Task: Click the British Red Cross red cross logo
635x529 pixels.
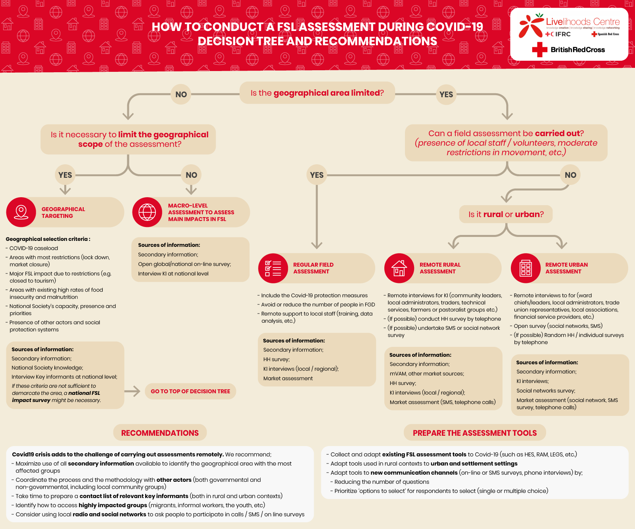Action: pyautogui.click(x=539, y=50)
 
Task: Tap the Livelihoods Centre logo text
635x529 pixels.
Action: pyautogui.click(x=582, y=22)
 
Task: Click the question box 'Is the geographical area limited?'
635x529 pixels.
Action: pyautogui.click(x=317, y=93)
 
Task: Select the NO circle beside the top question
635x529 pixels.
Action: pyautogui.click(x=181, y=94)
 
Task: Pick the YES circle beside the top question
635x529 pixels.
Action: pyautogui.click(x=446, y=94)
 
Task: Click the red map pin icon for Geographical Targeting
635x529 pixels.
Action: pyautogui.click(x=21, y=212)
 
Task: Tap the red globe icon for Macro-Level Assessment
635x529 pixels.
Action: pyautogui.click(x=147, y=212)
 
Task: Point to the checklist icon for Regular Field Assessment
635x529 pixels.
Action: pyautogui.click(x=273, y=268)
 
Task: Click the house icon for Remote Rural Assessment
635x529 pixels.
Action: pyautogui.click(x=399, y=268)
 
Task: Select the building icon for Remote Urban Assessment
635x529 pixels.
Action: pyautogui.click(x=526, y=268)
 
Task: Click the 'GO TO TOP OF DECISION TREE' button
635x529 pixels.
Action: pyautogui.click(x=190, y=391)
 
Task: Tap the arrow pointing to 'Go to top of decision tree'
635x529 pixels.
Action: pyautogui.click(x=132, y=391)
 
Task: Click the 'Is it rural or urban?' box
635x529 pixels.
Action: pyautogui.click(x=506, y=214)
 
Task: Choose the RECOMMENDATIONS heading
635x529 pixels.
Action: pyautogui.click(x=160, y=433)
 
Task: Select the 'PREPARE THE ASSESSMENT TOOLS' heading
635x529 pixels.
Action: pyautogui.click(x=475, y=433)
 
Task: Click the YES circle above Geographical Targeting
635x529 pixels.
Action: pyautogui.click(x=65, y=175)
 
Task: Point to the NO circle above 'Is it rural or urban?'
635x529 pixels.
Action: pyautogui.click(x=570, y=175)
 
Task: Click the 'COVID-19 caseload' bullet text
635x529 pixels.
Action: pyautogui.click(x=34, y=248)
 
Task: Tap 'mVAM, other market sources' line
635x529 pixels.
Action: pyautogui.click(x=427, y=374)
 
